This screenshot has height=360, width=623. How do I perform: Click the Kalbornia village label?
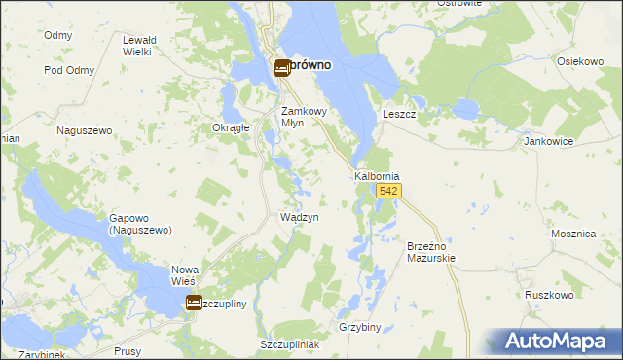pos(377,176)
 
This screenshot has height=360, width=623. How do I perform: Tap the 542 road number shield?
pos(389,192)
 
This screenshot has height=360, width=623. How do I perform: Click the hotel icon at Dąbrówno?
pos(281,67)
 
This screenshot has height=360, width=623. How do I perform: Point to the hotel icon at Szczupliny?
pos(194,304)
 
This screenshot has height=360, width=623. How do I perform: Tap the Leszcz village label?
pos(399,114)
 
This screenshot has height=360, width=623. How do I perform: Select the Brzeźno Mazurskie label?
pos(430,253)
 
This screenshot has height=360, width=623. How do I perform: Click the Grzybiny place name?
pos(360,327)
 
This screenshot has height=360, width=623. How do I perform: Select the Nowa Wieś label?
pos(184,275)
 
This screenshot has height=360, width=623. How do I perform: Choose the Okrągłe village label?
pos(232,127)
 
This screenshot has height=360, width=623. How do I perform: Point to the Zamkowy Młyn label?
pos(306,117)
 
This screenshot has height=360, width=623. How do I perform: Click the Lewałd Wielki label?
pos(137,46)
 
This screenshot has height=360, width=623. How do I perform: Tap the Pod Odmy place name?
pos(67,70)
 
